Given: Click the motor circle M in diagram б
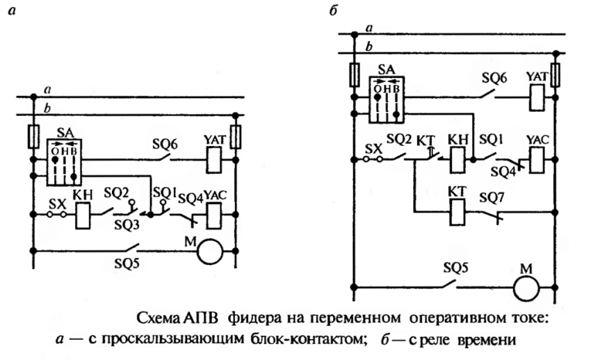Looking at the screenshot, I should [528, 286].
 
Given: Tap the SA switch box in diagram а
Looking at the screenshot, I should [65, 162].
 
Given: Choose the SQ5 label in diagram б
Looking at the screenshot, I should [456, 266].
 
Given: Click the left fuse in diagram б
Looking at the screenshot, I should [354, 73].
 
